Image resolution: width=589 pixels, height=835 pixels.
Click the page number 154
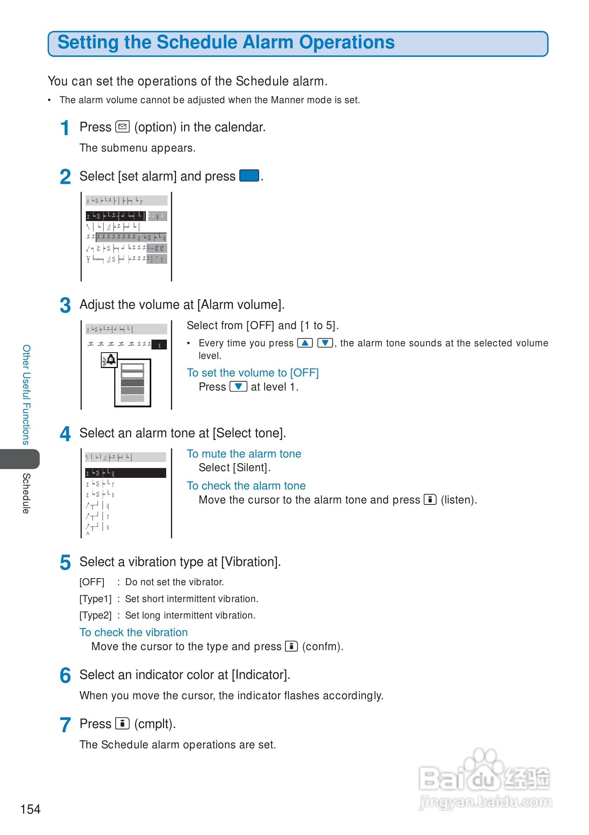coord(31,809)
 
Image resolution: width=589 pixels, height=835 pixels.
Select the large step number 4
coord(65,434)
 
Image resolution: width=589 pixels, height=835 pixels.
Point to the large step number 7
coord(65,725)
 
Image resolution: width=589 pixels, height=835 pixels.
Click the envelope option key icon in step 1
coord(122,127)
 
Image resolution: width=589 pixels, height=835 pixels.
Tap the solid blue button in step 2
coord(249,176)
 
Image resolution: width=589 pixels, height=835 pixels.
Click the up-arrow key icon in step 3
coord(305,343)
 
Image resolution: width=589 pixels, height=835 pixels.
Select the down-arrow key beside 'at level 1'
coord(238,386)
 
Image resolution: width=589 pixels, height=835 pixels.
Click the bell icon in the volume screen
coord(110,360)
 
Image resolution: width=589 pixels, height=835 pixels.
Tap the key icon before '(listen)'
coord(430,500)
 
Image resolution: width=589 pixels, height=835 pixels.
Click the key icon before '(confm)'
coord(291,646)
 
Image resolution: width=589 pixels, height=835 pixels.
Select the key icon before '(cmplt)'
coord(122,724)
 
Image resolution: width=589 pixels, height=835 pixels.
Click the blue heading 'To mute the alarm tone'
coord(244,454)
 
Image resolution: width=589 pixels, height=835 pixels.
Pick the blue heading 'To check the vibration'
coord(133,633)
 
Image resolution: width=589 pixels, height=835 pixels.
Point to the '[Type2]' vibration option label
coord(95,615)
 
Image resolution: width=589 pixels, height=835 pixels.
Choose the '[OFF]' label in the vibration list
coord(92,582)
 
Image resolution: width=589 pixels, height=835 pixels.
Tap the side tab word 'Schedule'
coord(26,493)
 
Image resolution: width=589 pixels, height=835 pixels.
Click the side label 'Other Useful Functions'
coord(26,395)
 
